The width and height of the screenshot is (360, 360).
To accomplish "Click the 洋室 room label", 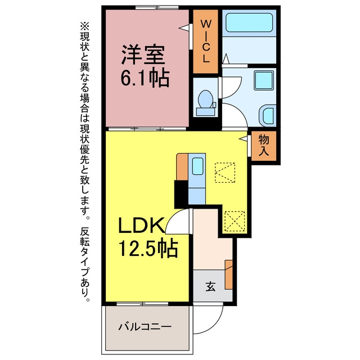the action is (x=143, y=55).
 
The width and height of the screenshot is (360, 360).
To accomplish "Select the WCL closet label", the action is (x=205, y=41).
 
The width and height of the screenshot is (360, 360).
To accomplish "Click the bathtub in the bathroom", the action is (x=249, y=22).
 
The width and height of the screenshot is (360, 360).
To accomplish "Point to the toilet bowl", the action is (x=205, y=99).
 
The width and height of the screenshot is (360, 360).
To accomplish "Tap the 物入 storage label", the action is (x=264, y=146).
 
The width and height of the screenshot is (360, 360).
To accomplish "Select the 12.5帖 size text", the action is (x=148, y=248).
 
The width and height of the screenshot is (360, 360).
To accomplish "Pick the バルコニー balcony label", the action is (x=145, y=326).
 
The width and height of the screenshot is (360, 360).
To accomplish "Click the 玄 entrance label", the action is (x=210, y=286).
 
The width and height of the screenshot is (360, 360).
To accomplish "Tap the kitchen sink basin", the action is (x=197, y=166).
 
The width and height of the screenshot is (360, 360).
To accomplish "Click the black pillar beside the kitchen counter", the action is (x=181, y=194).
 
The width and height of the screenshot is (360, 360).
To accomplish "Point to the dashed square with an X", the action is (x=235, y=221).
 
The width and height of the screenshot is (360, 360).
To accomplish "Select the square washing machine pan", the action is (x=264, y=80).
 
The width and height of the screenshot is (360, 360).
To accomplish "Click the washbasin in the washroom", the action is (x=268, y=116).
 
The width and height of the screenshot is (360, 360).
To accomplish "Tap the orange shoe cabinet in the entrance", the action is (x=228, y=274).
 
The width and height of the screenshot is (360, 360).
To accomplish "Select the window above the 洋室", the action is (x=157, y=7).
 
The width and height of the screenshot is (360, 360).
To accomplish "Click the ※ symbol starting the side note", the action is (x=84, y=26).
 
